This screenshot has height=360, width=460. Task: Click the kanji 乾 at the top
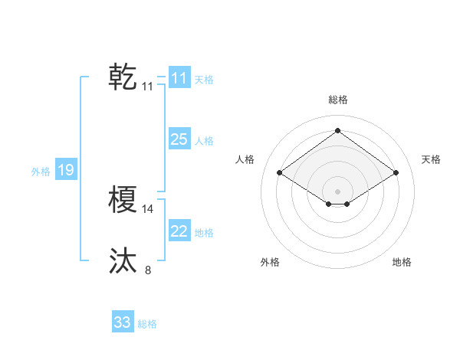[x=123, y=77]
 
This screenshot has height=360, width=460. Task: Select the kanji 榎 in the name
[x=123, y=201]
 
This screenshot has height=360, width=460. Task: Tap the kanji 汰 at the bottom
[x=123, y=261]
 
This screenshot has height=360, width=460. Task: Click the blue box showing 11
[x=179, y=78]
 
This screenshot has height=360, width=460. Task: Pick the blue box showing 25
[x=179, y=139]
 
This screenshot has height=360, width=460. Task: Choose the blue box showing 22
[x=179, y=231]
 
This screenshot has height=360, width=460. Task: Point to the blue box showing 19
[x=66, y=170]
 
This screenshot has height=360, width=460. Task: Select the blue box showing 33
[x=123, y=322]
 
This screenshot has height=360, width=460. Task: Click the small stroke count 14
[x=148, y=208]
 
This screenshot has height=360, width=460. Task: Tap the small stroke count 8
[x=148, y=270]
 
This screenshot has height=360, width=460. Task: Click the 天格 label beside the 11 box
[x=204, y=79]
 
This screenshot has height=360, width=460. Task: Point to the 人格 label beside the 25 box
[x=204, y=141]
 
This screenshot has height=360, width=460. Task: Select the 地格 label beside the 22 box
[x=204, y=233]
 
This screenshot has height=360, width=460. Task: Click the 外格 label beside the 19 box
[x=41, y=172]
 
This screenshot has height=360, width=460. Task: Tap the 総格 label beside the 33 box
[x=147, y=324]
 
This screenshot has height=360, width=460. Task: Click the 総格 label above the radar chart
[x=337, y=100]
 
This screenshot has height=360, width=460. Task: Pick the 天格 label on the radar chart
[x=431, y=159]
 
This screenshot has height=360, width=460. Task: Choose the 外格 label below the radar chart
[x=270, y=262]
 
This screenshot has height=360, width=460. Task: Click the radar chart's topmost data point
[x=337, y=130]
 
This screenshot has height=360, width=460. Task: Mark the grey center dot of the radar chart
[x=337, y=191]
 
